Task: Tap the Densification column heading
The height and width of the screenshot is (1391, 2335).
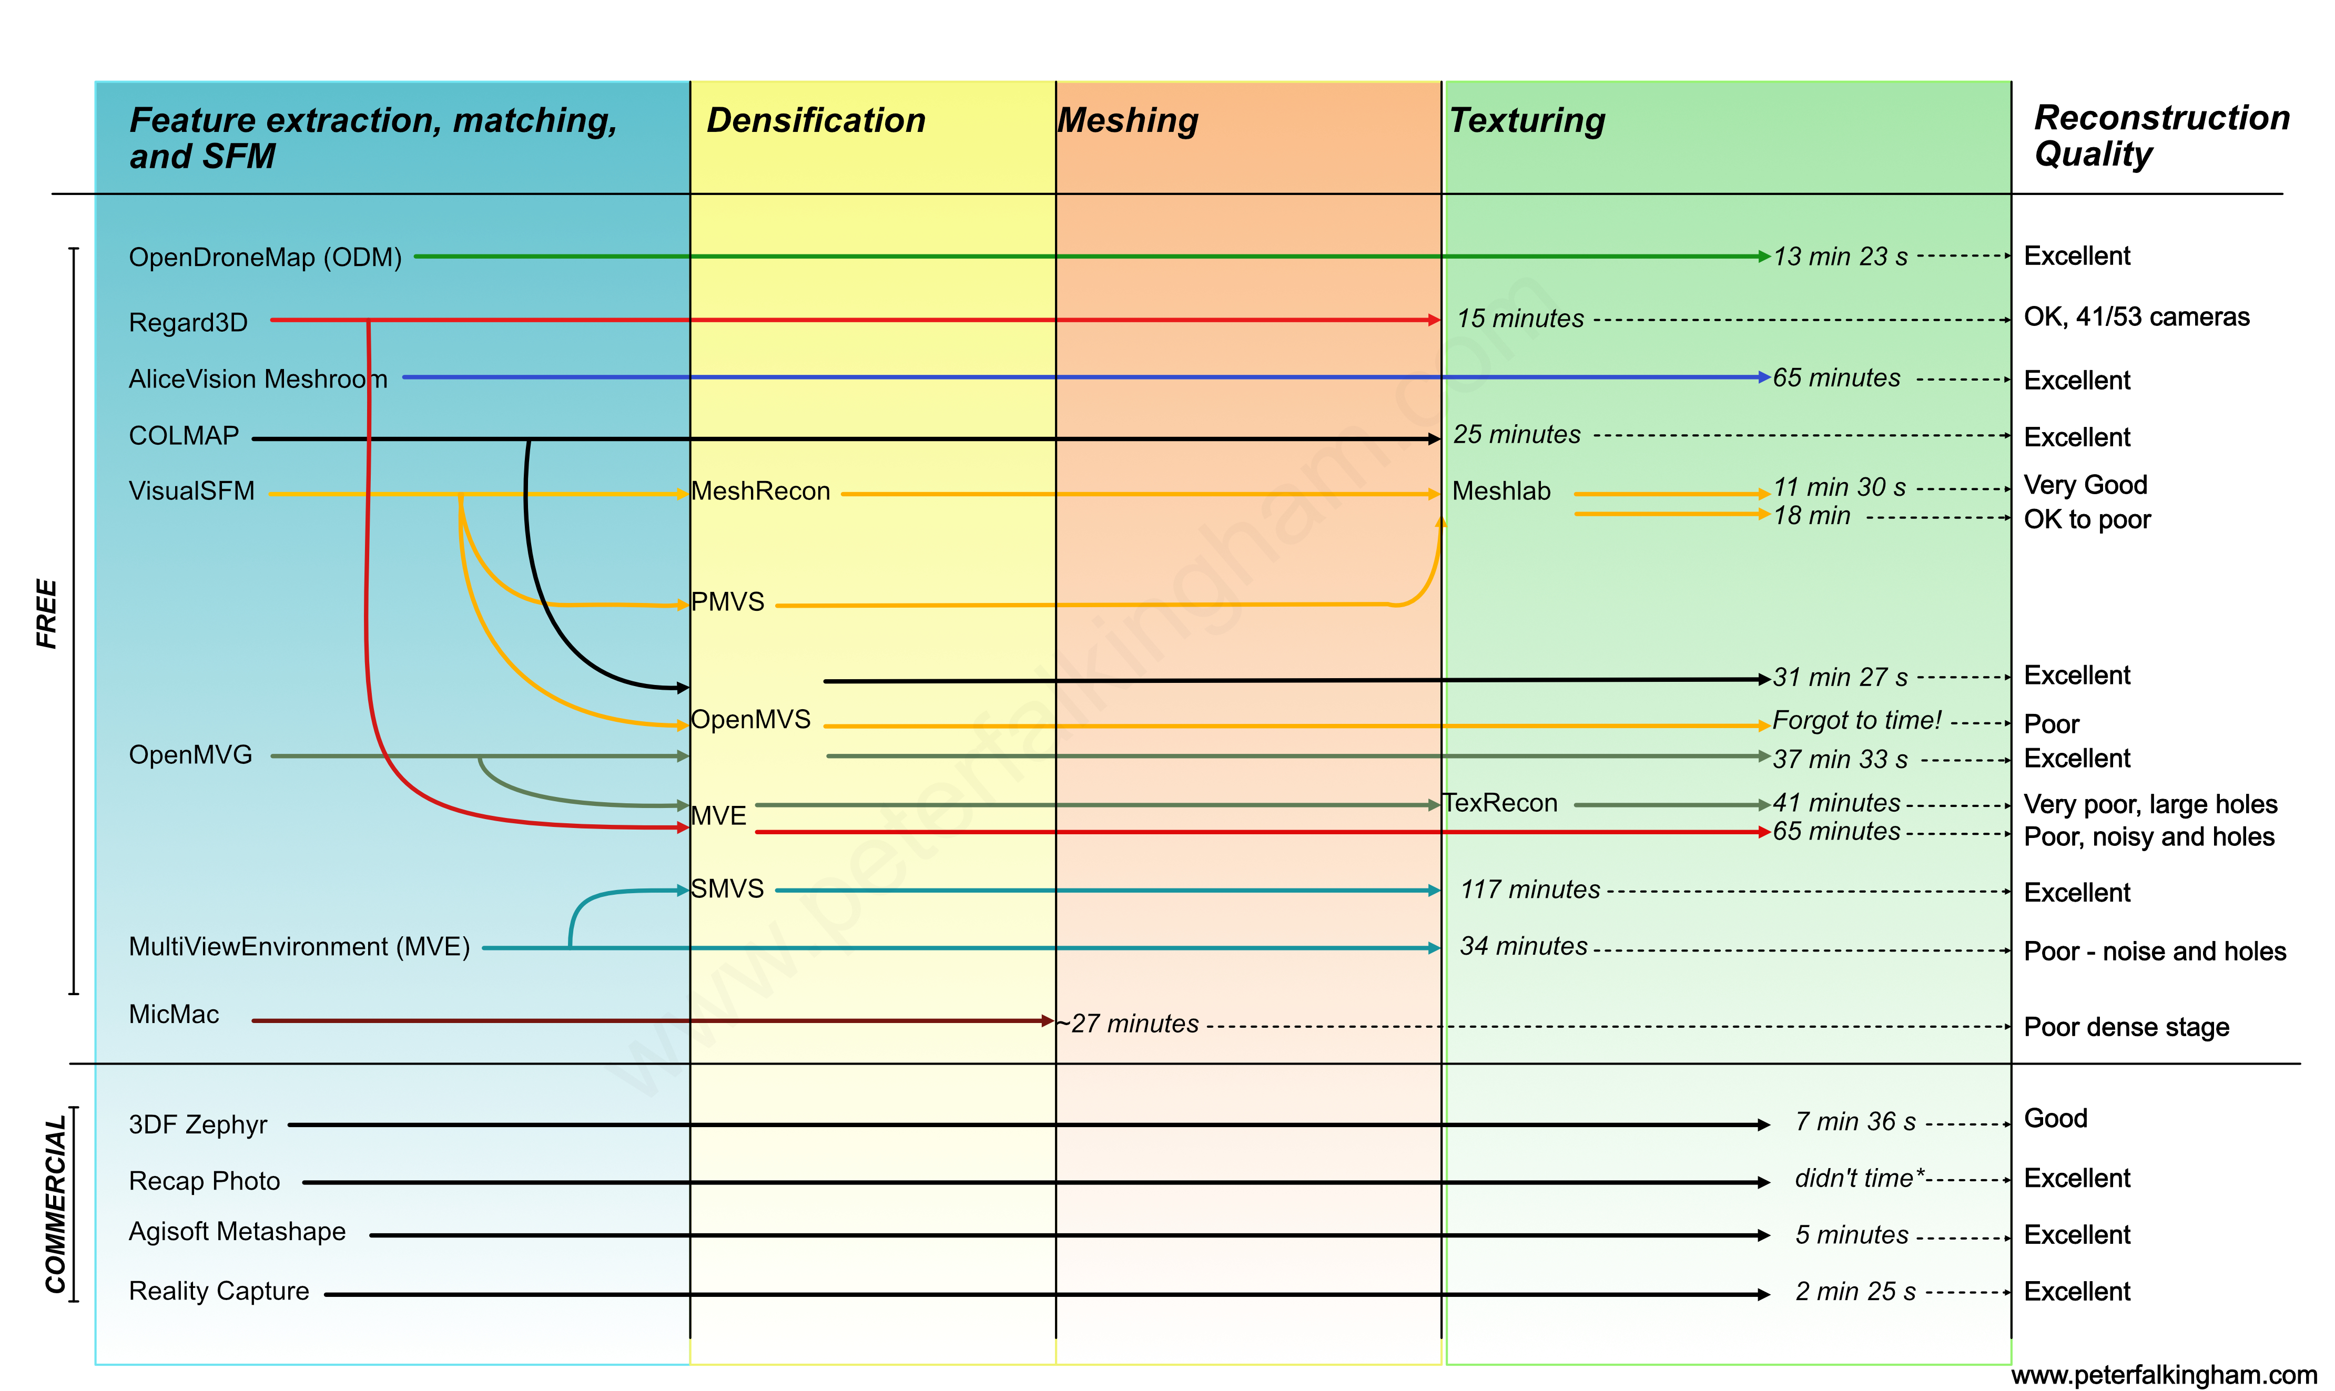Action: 816,121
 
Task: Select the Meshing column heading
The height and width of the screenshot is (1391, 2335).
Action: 1128,121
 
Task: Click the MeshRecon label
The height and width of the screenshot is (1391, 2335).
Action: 760,491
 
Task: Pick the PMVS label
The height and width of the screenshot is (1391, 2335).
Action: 728,602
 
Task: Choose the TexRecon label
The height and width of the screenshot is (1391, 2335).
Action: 1500,803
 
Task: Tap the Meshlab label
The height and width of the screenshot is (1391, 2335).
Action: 1501,491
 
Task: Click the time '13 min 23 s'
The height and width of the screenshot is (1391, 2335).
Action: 1840,257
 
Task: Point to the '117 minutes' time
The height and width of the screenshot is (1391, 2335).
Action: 1530,889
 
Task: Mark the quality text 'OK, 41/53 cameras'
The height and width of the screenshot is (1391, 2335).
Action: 2136,317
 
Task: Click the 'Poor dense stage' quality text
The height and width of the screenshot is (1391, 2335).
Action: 2126,1027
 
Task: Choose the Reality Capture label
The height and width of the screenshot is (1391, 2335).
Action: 218,1292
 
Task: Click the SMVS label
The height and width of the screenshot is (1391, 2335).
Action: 728,888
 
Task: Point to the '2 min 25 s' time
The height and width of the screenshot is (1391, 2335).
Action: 1855,1292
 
